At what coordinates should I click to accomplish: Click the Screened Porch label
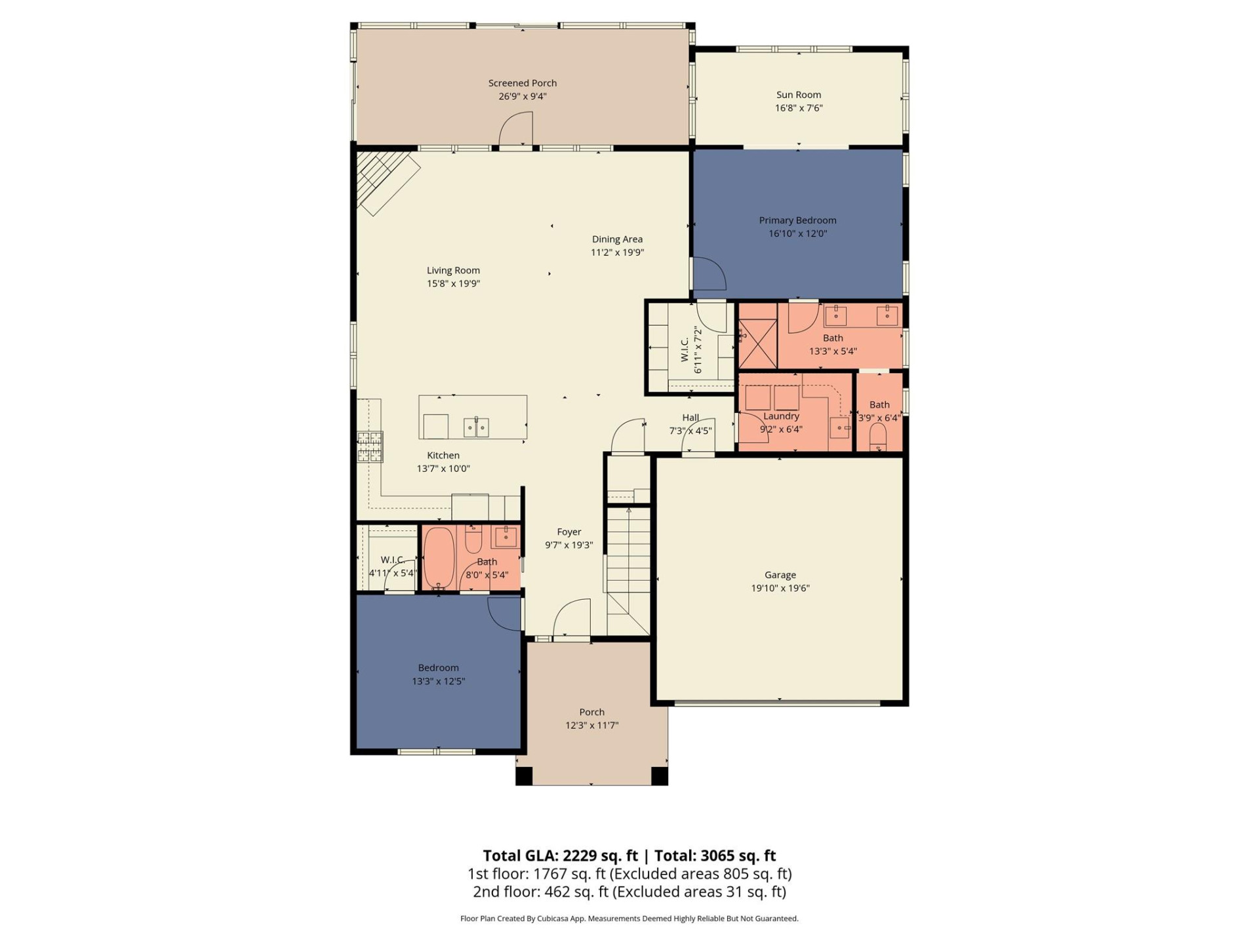pyautogui.click(x=522, y=83)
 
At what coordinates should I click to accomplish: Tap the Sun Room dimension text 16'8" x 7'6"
pyautogui.click(x=798, y=108)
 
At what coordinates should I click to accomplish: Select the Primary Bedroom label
pyautogui.click(x=797, y=220)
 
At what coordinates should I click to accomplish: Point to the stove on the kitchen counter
pyautogui.click(x=370, y=446)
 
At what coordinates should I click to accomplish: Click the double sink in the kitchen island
pyautogui.click(x=477, y=427)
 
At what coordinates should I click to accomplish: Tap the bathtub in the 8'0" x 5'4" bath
pyautogui.click(x=439, y=558)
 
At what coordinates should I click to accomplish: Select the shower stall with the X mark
pyautogui.click(x=757, y=343)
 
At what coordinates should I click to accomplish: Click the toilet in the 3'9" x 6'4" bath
pyautogui.click(x=877, y=436)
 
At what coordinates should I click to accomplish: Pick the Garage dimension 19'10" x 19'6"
pyautogui.click(x=780, y=589)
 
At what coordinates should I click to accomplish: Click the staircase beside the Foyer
pyautogui.click(x=628, y=564)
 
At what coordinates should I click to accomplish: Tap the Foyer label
pyautogui.click(x=569, y=532)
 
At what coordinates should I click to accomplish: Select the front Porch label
pyautogui.click(x=591, y=712)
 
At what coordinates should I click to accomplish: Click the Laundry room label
pyautogui.click(x=781, y=416)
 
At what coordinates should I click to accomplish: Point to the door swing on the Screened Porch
pyautogui.click(x=516, y=129)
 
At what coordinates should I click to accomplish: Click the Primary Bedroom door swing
pyautogui.click(x=708, y=273)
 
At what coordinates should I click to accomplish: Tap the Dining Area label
pyautogui.click(x=616, y=239)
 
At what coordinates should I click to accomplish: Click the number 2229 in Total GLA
pyautogui.click(x=580, y=855)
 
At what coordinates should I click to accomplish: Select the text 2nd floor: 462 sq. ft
pyautogui.click(x=540, y=892)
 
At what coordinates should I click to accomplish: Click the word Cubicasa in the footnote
pyautogui.click(x=553, y=918)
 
